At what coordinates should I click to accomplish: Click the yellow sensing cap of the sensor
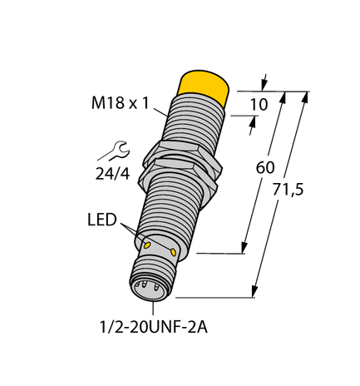coord(204,86)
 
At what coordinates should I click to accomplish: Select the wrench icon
coord(108,151)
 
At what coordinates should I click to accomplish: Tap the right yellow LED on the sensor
coord(173,252)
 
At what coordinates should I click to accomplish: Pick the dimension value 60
coord(265,166)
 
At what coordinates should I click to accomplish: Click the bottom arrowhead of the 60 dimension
coord(244,247)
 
